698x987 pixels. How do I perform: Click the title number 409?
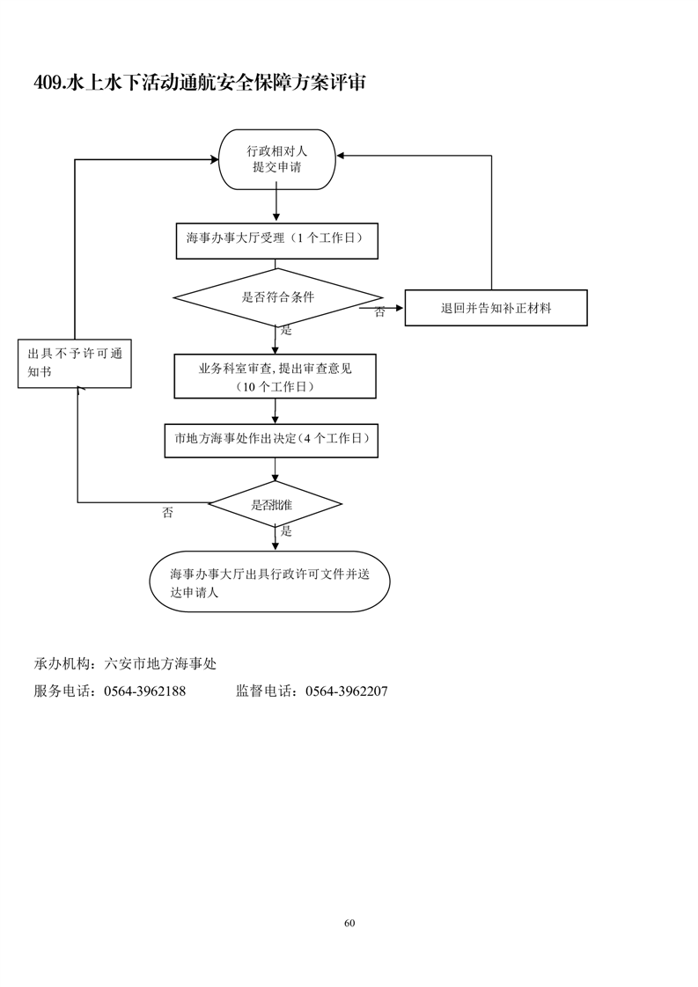click(48, 84)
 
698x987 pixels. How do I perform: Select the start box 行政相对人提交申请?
click(276, 159)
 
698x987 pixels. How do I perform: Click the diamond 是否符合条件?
click(278, 297)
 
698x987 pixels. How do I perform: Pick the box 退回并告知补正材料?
click(496, 308)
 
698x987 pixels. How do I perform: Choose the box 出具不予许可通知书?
click(75, 363)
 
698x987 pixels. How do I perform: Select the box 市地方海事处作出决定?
click(271, 441)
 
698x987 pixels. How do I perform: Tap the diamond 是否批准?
click(275, 504)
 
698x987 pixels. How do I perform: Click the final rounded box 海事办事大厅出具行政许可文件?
click(269, 581)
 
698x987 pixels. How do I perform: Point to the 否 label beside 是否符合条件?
click(379, 312)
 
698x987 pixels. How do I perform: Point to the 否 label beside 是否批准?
click(167, 513)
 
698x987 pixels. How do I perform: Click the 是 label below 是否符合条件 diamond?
click(285, 331)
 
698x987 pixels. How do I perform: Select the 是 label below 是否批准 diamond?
click(285, 531)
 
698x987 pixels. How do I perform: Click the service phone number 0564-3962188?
click(144, 691)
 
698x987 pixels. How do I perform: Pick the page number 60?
click(349, 923)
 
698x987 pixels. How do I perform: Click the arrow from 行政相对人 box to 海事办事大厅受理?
click(276, 202)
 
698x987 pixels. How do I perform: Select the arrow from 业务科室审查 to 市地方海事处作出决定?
click(276, 411)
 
